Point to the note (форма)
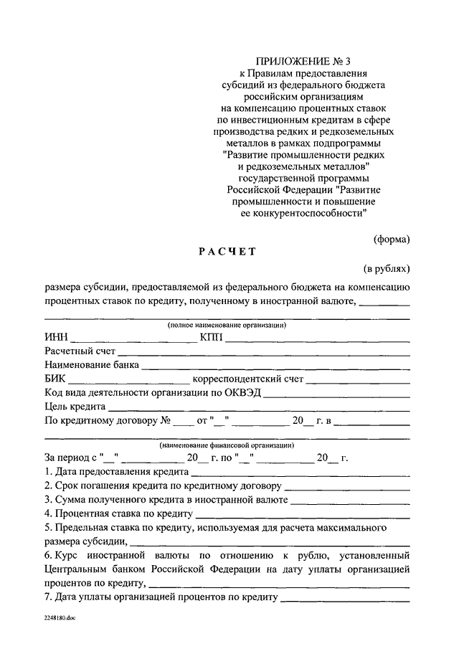392,239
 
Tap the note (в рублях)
387,269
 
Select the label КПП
212,338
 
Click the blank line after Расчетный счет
263,353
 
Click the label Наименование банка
91,365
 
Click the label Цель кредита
75,406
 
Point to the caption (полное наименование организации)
227,325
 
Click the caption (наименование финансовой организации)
227,445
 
